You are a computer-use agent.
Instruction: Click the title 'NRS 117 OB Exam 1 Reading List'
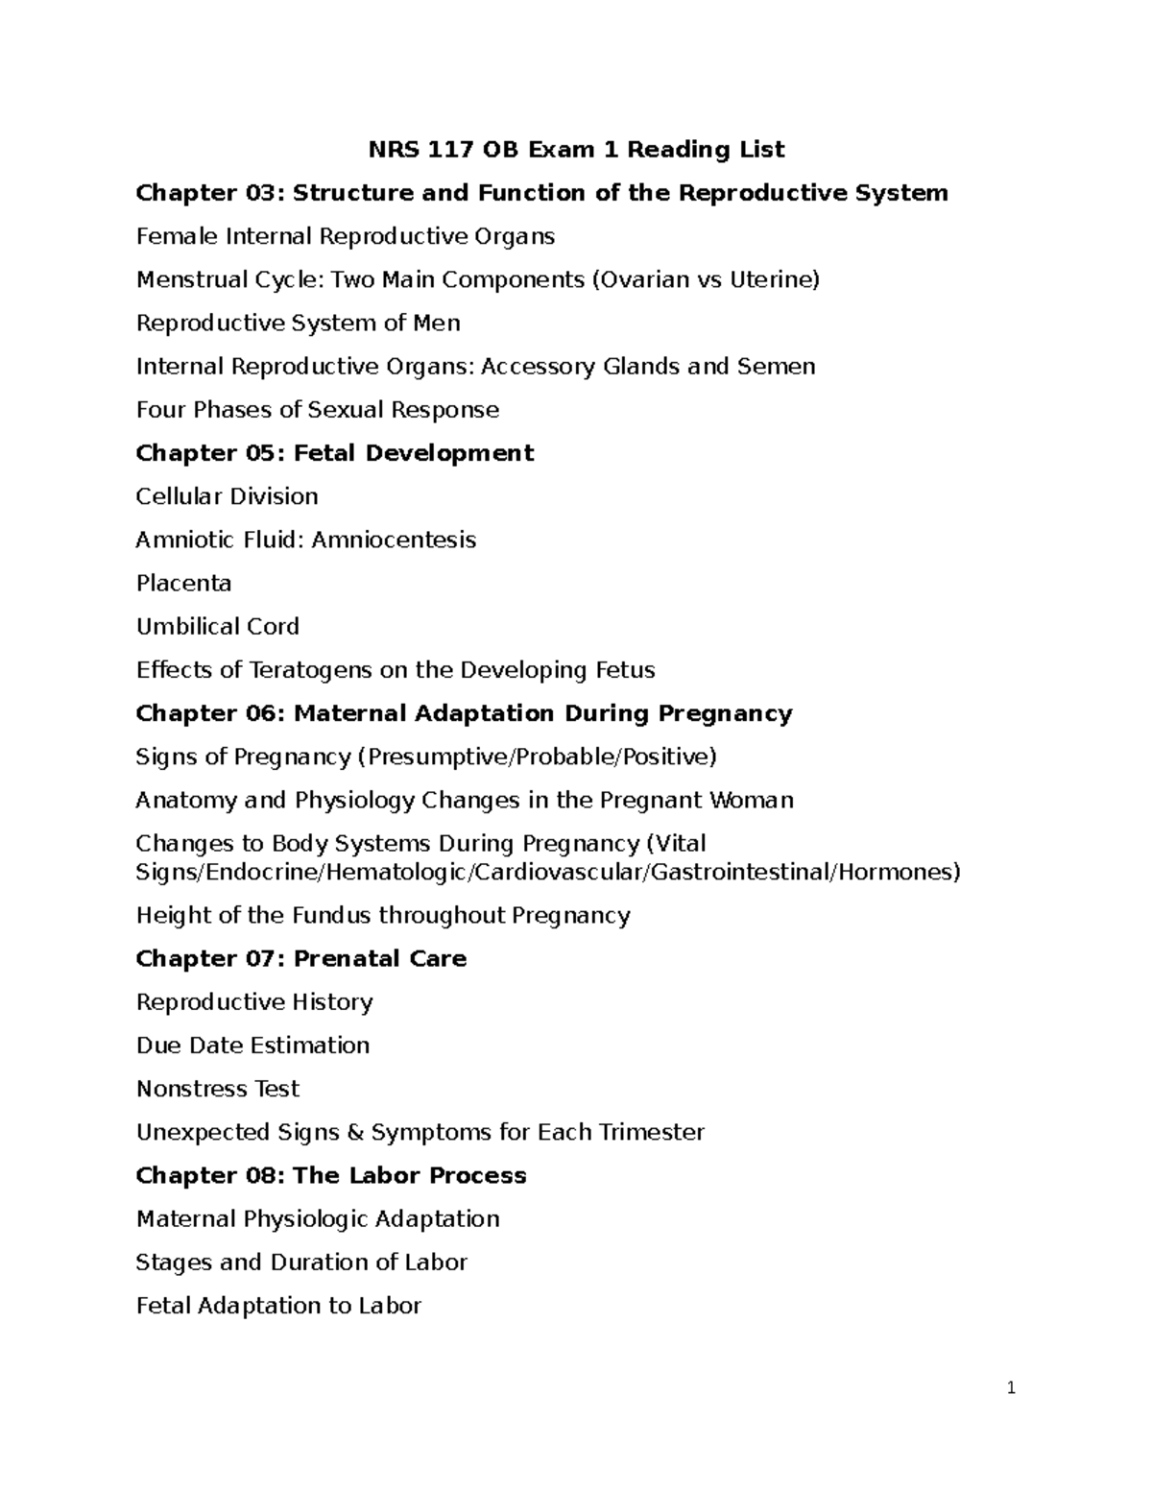(x=577, y=150)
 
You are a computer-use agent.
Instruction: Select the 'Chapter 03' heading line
(x=541, y=193)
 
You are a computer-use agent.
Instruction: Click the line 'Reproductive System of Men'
(x=298, y=323)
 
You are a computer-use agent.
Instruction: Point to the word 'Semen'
(x=776, y=366)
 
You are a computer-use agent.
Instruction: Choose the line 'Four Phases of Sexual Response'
(x=317, y=410)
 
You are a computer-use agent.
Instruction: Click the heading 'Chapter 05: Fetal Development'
(x=334, y=453)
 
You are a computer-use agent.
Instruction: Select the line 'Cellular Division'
(x=227, y=496)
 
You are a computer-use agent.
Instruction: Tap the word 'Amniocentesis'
(x=394, y=540)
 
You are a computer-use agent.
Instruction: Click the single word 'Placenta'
(x=183, y=584)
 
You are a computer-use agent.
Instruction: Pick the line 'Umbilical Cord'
(x=217, y=627)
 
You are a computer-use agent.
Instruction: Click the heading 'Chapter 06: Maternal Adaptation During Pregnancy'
(x=464, y=713)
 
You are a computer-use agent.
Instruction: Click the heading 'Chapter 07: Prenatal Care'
(x=300, y=958)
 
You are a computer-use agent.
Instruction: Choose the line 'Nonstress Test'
(x=217, y=1089)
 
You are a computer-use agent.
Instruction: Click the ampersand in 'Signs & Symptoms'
(x=354, y=1133)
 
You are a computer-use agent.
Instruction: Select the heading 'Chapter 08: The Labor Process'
(x=330, y=1176)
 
